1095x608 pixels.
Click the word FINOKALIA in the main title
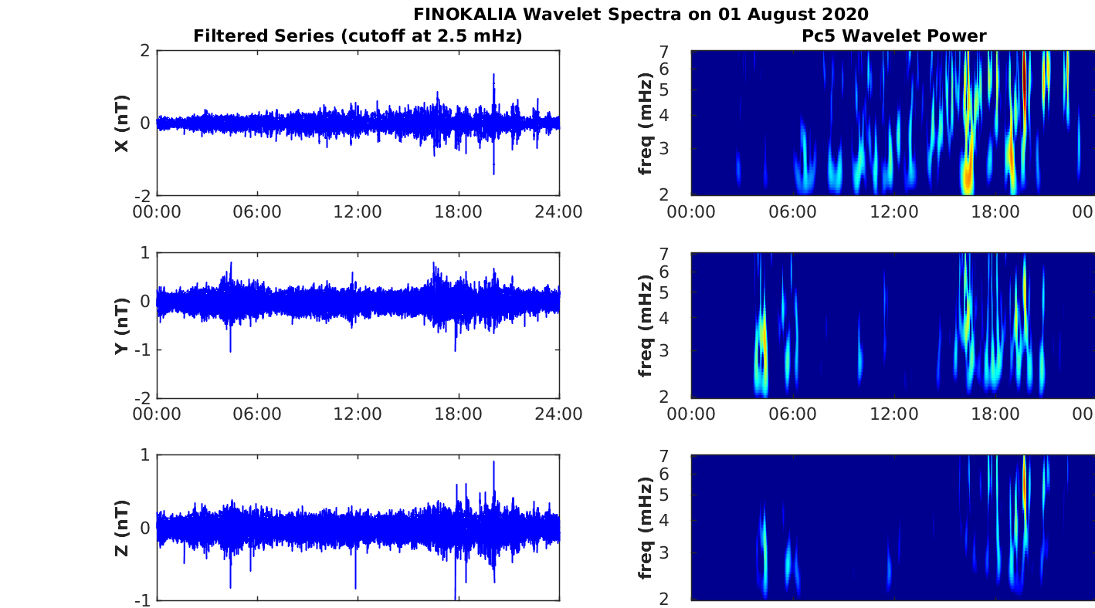point(465,14)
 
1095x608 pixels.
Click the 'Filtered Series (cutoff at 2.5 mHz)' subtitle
point(358,35)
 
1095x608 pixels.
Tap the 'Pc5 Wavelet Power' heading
point(894,35)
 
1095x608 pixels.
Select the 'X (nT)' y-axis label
point(122,123)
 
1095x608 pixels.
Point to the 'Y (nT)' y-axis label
point(122,326)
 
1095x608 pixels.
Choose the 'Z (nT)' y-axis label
point(122,528)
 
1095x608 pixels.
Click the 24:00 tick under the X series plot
point(559,212)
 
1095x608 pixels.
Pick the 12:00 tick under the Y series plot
point(358,414)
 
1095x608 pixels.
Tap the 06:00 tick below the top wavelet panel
point(792,212)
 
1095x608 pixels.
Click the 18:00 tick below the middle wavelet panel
point(995,414)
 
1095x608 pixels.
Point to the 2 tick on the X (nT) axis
point(144,50)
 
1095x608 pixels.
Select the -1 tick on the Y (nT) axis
point(142,350)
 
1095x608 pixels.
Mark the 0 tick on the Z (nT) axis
point(144,528)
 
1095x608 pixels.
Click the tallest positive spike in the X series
point(493,75)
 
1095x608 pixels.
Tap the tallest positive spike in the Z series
point(493,462)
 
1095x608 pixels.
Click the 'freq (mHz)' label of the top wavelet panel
point(646,123)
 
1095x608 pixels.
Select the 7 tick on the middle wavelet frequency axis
point(663,254)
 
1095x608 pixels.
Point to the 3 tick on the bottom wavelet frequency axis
point(663,552)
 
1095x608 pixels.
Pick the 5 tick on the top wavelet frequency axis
point(663,90)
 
